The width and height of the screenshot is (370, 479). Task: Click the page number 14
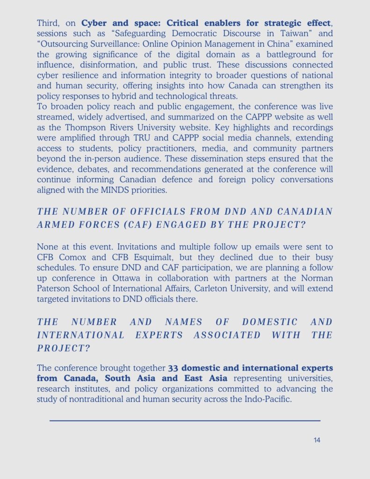[317, 440]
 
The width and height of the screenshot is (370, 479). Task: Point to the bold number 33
[173, 368]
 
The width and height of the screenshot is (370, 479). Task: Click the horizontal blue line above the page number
[185, 421]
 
